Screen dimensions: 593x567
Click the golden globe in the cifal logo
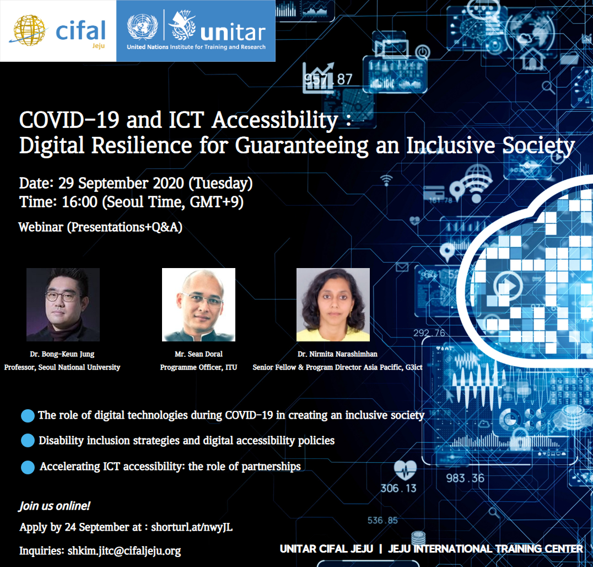pyautogui.click(x=29, y=30)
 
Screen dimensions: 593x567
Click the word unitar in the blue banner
pyautogui.click(x=233, y=33)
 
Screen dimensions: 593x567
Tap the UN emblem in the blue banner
pyautogui.click(x=142, y=26)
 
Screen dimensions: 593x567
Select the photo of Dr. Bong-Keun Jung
pyautogui.click(x=63, y=304)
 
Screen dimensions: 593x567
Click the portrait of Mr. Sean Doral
pyautogui.click(x=198, y=304)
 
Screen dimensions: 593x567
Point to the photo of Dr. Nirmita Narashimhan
pyautogui.click(x=333, y=304)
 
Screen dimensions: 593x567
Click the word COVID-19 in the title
pyautogui.click(x=69, y=120)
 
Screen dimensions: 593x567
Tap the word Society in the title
pyautogui.click(x=538, y=146)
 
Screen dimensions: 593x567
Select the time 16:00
pyautogui.click(x=79, y=202)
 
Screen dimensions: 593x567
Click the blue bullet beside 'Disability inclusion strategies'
pyautogui.click(x=28, y=441)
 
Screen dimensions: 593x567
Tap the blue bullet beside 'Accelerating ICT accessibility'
pyautogui.click(x=28, y=467)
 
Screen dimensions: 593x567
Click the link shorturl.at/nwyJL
pyautogui.click(x=192, y=527)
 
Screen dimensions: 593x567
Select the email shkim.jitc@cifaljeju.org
pyautogui.click(x=124, y=550)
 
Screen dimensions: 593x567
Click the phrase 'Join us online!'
pyautogui.click(x=55, y=506)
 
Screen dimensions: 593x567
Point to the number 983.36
pyautogui.click(x=465, y=478)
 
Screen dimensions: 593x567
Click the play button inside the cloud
pyautogui.click(x=508, y=285)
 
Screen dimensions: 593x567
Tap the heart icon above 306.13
pyautogui.click(x=405, y=470)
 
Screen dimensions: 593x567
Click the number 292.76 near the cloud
pyautogui.click(x=429, y=333)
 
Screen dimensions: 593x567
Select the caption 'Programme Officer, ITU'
pyautogui.click(x=198, y=367)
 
